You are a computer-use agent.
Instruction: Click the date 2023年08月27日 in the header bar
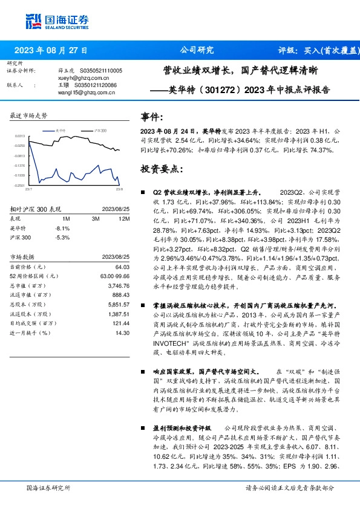[x=51, y=50]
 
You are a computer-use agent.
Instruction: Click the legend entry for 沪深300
[x=100, y=130]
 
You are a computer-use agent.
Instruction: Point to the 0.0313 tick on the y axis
[x=20, y=136]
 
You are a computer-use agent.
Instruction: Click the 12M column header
[x=124, y=218]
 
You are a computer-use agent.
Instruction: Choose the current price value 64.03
[x=123, y=267]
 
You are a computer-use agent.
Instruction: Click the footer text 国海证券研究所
[x=48, y=487]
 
